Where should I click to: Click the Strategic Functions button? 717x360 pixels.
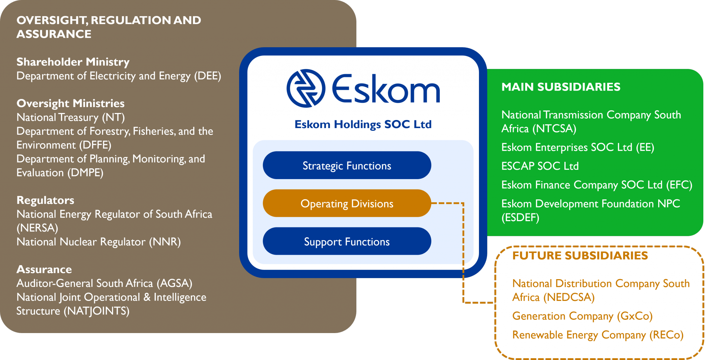347,165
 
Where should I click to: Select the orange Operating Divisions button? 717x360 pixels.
347,204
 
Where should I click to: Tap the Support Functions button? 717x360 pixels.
347,242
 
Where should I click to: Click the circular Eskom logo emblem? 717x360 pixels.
306,88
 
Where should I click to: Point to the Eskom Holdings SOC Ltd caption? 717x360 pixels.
363,125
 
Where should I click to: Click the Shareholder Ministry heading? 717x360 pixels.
73,62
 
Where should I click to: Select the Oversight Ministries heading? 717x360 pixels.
70,104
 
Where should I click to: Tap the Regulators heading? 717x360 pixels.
45,200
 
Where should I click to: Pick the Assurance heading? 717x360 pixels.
44,269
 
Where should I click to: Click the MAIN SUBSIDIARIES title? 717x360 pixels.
561,87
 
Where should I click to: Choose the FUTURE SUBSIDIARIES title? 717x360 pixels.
580,255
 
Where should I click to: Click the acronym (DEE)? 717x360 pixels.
208,76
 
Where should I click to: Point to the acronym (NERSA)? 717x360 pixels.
37,228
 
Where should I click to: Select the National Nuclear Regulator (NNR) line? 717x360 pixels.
98,242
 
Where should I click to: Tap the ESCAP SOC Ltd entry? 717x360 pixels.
540,166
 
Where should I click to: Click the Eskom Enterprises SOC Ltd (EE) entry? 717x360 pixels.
577,147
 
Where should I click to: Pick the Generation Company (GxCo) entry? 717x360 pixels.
582,316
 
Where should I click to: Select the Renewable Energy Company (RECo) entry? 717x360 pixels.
598,335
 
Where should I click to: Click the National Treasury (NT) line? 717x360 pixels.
70,118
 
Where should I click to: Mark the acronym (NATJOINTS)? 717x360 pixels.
97,311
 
